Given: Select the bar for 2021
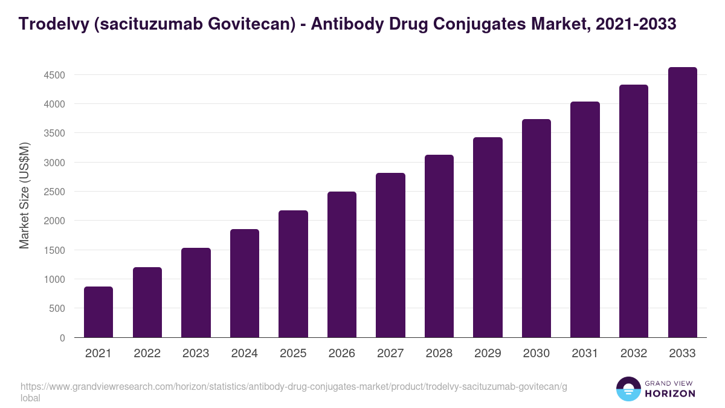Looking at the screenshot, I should (98, 312).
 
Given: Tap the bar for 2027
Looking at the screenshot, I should (390, 255).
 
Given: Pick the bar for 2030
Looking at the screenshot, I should (536, 228).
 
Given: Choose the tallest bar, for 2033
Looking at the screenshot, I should (682, 202).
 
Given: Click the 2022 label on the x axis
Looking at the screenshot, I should (147, 354).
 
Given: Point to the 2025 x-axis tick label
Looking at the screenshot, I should (293, 354).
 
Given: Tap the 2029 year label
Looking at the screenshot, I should (488, 354).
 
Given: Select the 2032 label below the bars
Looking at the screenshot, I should (634, 354).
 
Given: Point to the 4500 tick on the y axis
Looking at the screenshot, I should (54, 75).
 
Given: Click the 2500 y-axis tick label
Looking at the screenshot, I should (54, 192).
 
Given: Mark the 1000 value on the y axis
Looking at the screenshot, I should (54, 279).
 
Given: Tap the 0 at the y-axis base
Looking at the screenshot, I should (62, 337).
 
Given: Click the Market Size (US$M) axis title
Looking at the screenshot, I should (24, 195).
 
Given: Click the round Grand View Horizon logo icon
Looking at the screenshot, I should (628, 389).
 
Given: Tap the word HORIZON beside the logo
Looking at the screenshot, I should (669, 393).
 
